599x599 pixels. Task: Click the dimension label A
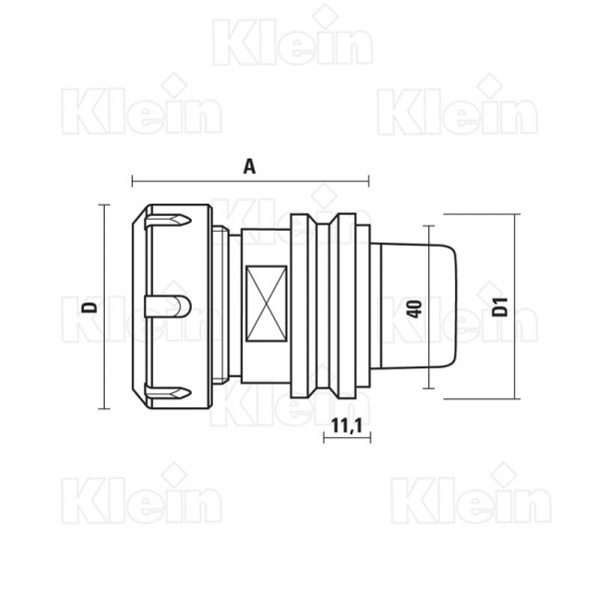pyautogui.click(x=250, y=167)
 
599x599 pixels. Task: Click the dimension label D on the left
pyautogui.click(x=90, y=306)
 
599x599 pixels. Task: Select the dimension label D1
pyautogui.click(x=500, y=306)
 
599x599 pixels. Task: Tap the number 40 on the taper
pyautogui.click(x=415, y=308)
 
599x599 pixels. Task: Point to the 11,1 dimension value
pyautogui.click(x=346, y=425)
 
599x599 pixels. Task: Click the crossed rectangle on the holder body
pyautogui.click(x=267, y=303)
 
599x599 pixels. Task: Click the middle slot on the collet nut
pyautogui.click(x=168, y=306)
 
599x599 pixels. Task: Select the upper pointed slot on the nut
pyautogui.click(x=168, y=220)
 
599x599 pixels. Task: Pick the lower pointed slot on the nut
pyautogui.click(x=168, y=392)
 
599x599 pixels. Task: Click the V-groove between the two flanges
pyautogui.click(x=323, y=306)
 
